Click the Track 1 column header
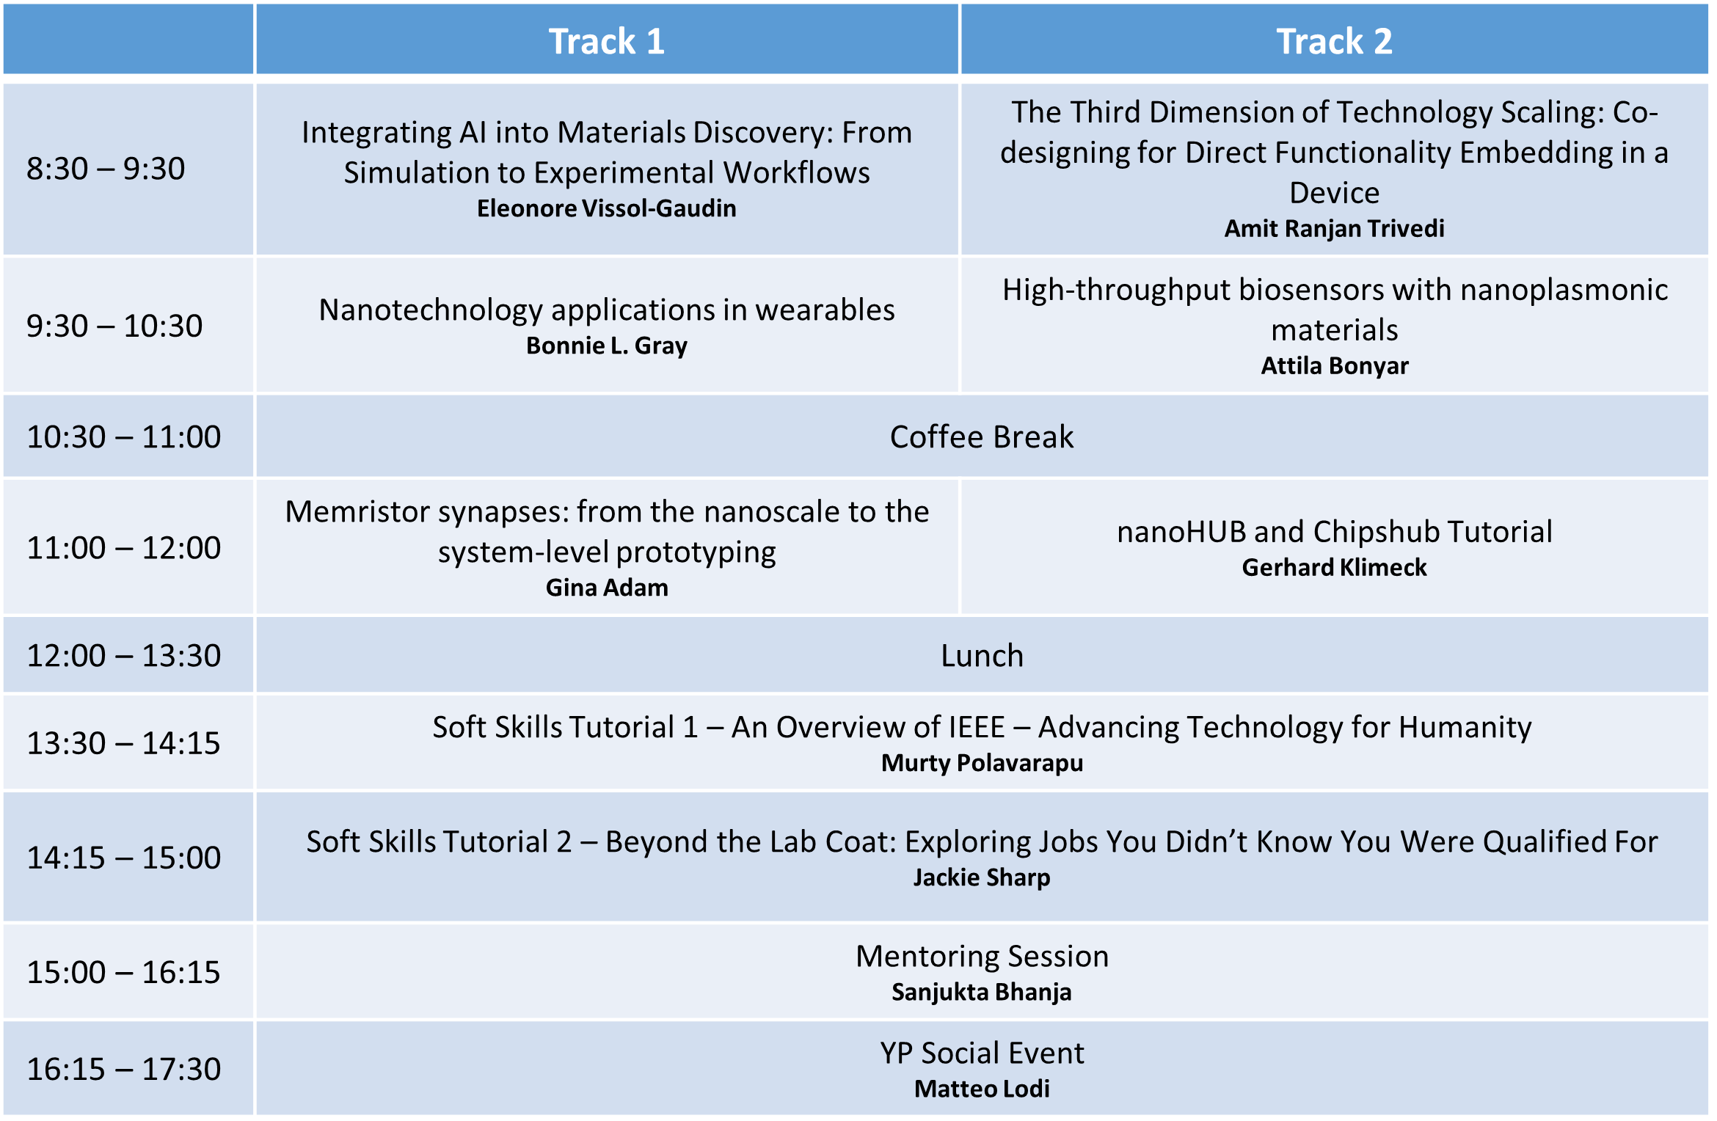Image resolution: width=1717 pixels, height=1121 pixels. (x=607, y=41)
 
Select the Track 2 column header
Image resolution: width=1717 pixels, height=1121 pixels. (x=1334, y=41)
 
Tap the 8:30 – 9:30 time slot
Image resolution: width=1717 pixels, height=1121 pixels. (x=106, y=169)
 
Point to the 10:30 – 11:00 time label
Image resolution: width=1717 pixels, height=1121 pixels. (x=123, y=437)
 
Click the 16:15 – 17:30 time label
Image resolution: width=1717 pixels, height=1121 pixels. (x=123, y=1069)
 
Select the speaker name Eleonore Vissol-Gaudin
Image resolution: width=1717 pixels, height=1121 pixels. (x=607, y=208)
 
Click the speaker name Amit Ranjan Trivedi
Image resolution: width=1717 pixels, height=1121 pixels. (x=1334, y=228)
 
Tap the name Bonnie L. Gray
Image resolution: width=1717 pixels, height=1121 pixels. (x=607, y=346)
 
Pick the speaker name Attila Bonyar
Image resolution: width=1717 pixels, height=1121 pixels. (x=1334, y=365)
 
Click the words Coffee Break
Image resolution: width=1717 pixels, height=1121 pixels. (x=982, y=437)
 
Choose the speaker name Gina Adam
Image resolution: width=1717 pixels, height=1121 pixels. (x=607, y=588)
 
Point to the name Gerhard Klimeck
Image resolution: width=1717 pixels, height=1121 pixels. (x=1334, y=567)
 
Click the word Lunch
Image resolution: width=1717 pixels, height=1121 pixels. (x=982, y=655)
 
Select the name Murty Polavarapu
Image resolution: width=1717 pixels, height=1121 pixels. (x=982, y=763)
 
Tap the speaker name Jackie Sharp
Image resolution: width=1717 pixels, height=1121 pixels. (x=982, y=877)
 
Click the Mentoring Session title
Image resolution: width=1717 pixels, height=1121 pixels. (x=982, y=956)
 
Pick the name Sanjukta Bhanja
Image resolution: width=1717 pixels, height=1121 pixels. (x=982, y=992)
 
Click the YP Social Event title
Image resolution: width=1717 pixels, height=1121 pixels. (x=982, y=1053)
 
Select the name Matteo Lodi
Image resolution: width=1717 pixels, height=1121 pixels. (x=982, y=1089)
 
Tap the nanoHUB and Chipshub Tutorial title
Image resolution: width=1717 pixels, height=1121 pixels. (x=1334, y=531)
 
